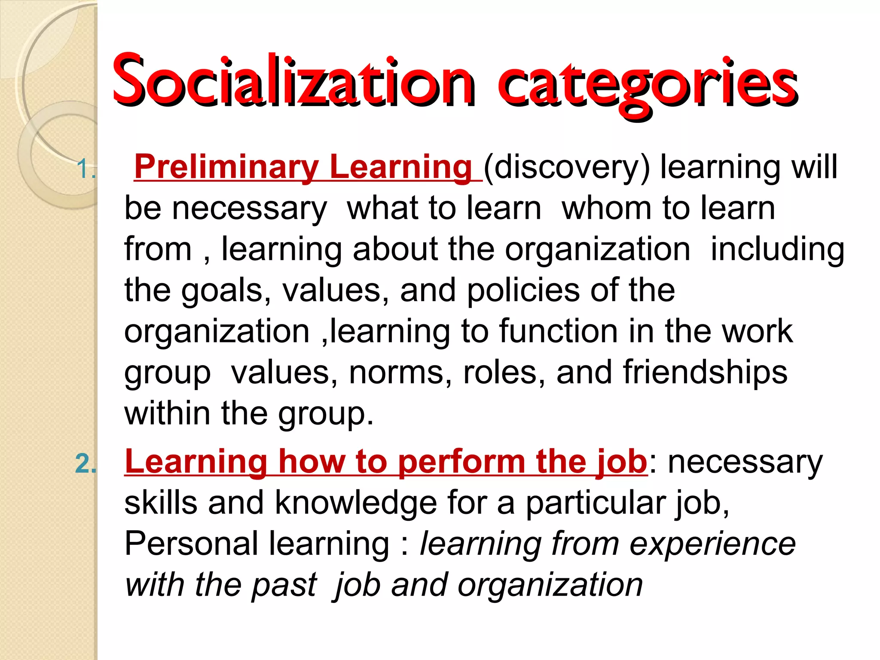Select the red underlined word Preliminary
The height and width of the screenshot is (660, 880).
[x=226, y=167]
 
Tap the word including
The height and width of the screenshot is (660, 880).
[x=777, y=250]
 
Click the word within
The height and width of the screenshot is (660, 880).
[x=167, y=413]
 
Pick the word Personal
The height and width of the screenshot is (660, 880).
[x=191, y=544]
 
